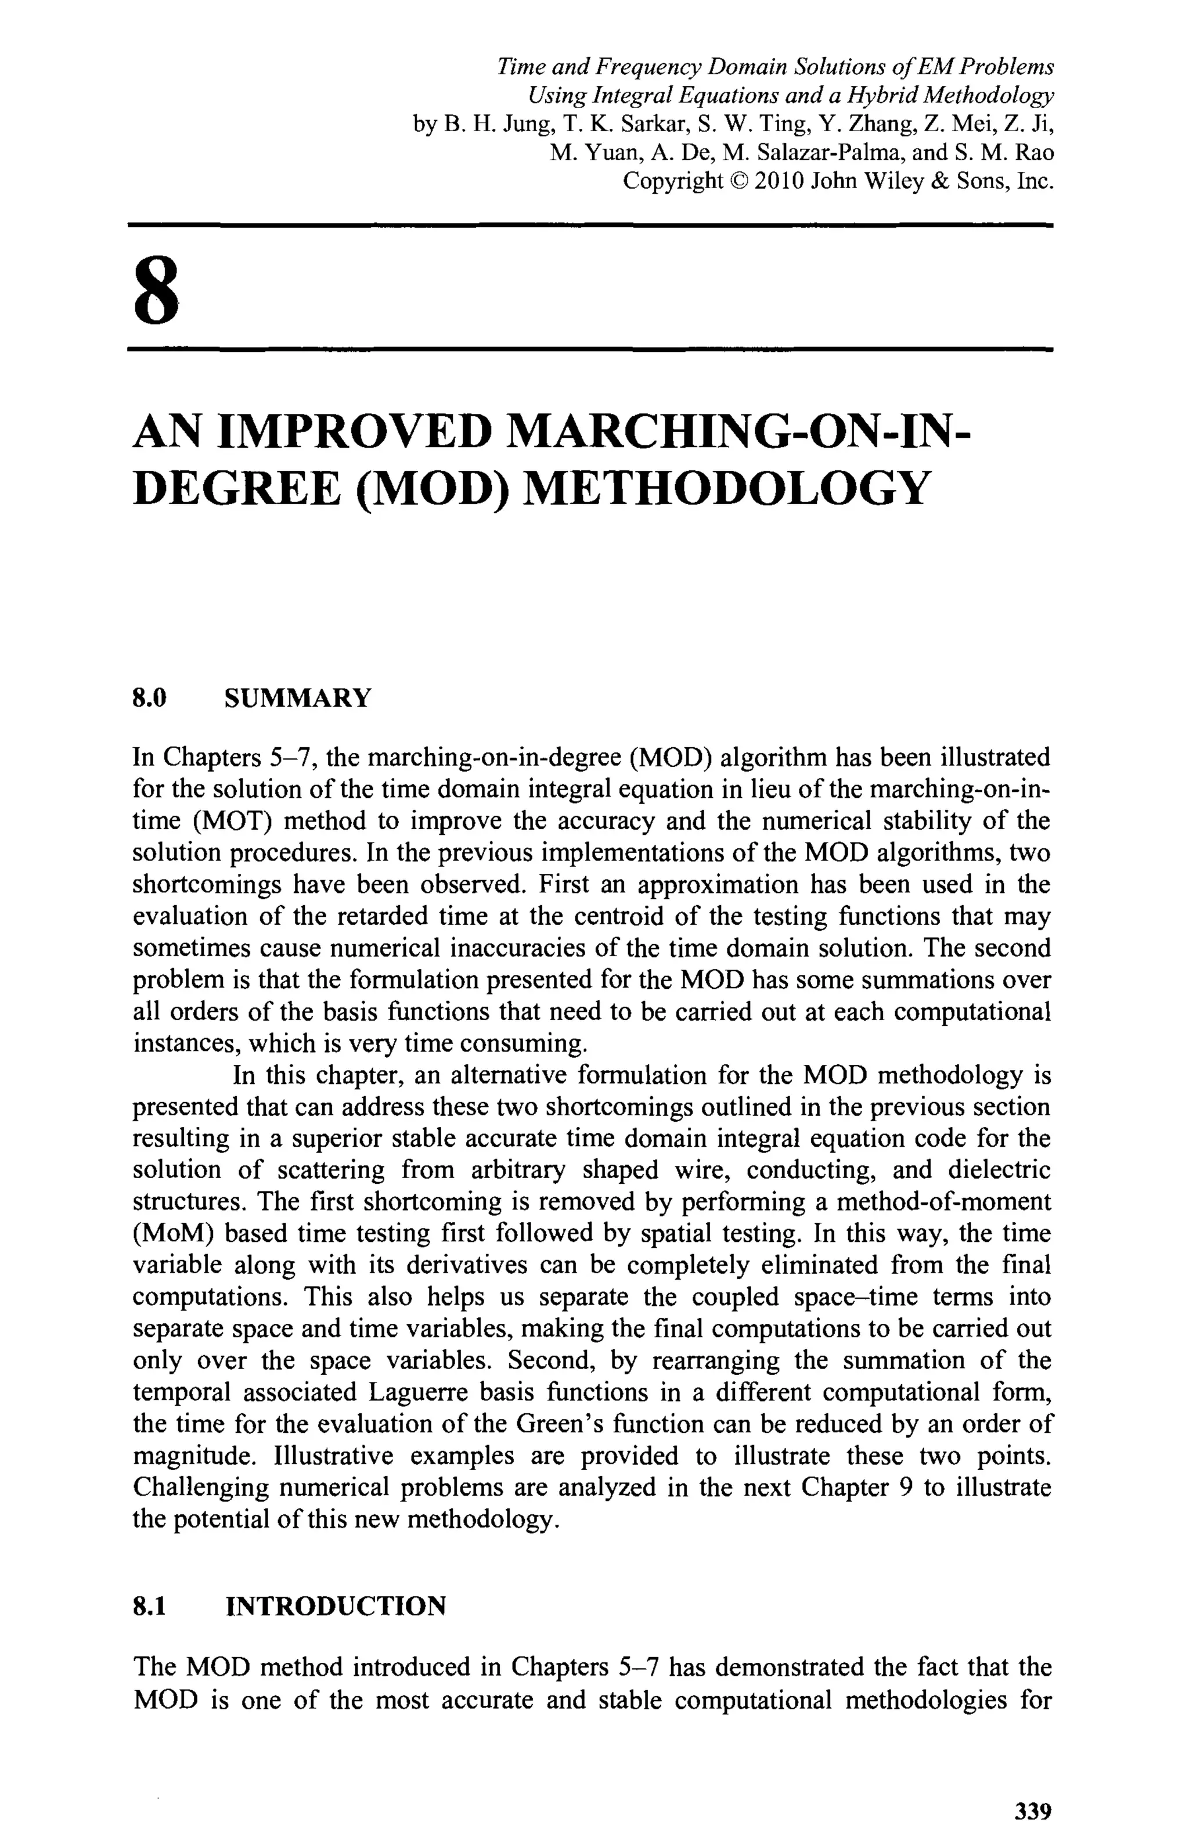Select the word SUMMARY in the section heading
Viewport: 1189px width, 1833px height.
point(297,698)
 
